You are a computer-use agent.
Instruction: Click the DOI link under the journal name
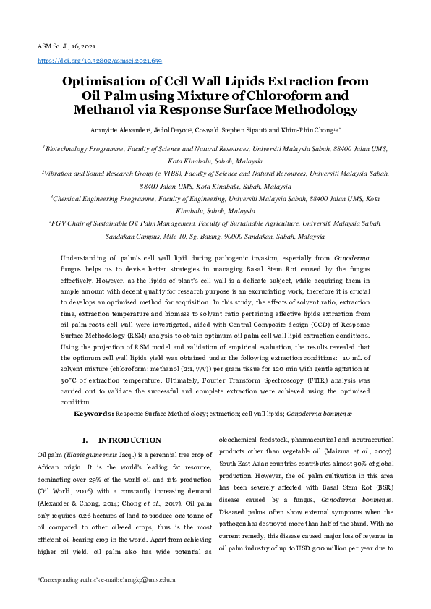point(99,62)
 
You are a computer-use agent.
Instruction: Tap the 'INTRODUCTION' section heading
point(130,440)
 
